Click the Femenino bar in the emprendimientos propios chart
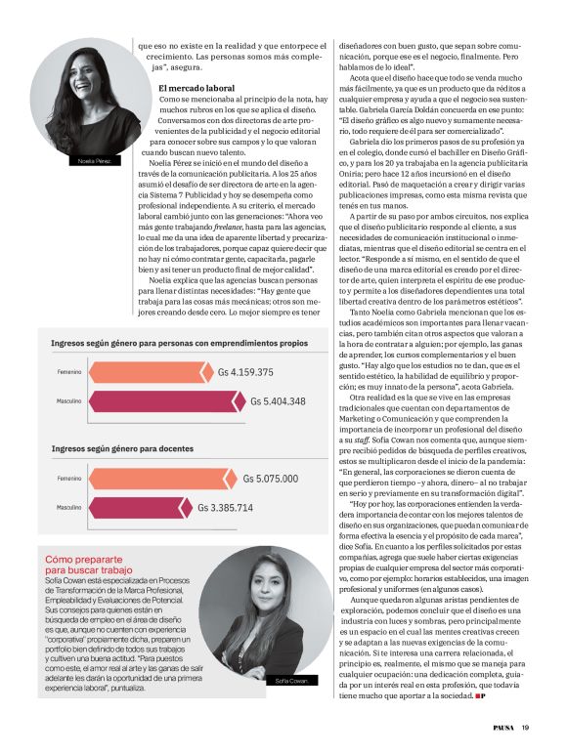pos(147,372)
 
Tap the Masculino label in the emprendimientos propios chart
pos(68,401)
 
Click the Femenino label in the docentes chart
pos(68,479)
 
